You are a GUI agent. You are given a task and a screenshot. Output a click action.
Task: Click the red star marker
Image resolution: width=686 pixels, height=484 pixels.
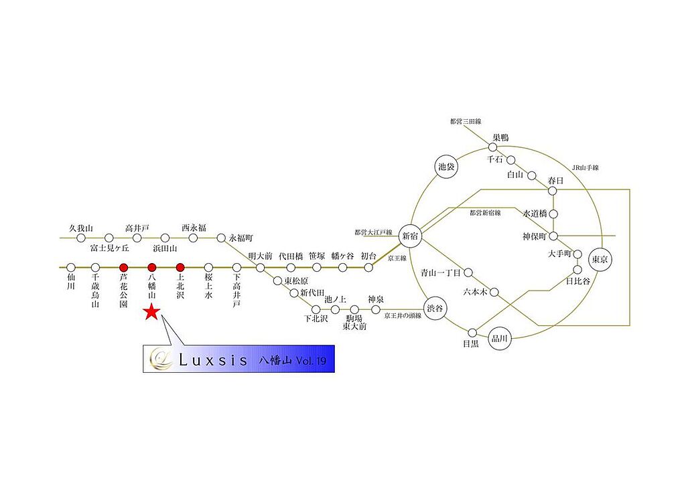pos(151,312)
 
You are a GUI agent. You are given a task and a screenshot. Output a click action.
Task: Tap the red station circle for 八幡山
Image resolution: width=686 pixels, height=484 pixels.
pos(151,267)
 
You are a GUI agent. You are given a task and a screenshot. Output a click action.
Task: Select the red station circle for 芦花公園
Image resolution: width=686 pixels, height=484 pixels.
pos(123,267)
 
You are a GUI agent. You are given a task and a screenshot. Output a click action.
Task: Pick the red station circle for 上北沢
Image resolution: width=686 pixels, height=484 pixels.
pos(180,267)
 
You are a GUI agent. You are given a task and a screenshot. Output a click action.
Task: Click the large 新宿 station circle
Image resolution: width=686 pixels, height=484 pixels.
pos(409,236)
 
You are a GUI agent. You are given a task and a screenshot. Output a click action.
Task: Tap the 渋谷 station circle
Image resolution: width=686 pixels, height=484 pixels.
pos(435,309)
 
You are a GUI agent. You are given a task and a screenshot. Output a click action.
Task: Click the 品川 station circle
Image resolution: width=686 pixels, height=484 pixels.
pos(498,338)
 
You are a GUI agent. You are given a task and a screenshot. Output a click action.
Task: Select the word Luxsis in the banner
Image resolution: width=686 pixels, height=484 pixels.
pos(214,360)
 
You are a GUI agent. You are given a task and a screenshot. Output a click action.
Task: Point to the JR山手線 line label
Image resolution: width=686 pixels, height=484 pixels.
pos(585,167)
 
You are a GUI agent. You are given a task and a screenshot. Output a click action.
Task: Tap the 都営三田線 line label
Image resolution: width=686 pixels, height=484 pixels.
pos(466,121)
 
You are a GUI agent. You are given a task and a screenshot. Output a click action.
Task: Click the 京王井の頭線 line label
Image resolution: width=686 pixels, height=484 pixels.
pos(403,315)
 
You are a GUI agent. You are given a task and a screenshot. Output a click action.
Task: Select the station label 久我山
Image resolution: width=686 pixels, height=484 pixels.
pos(79,228)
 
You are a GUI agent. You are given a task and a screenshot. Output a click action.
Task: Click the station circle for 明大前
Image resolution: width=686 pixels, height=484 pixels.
pos(261,268)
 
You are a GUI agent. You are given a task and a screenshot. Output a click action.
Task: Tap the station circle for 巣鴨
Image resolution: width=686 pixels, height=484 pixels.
pos(493,147)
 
